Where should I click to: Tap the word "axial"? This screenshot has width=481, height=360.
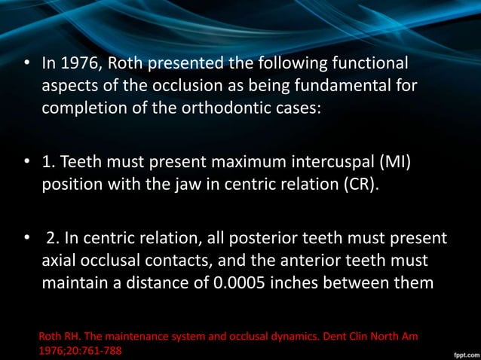point(59,261)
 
